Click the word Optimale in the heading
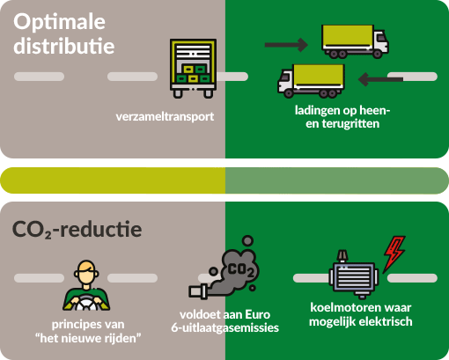pos(59,23)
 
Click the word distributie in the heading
pos(63,46)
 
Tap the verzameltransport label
pos(165,117)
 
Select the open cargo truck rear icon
pos(193,69)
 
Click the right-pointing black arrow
pos(286,45)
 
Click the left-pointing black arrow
pos(380,79)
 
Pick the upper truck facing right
pos(355,41)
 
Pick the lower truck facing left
pos(311,81)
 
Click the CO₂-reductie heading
pos(77,229)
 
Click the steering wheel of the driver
pos(85,303)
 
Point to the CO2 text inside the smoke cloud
pos(240,270)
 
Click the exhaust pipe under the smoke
pos(199,291)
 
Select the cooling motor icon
pos(354,275)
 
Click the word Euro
pos(257,315)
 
